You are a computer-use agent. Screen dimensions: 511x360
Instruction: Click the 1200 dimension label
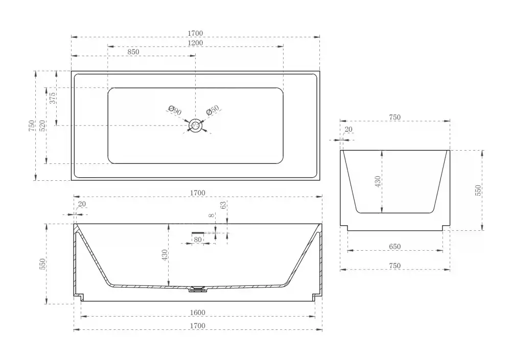[x=195, y=43]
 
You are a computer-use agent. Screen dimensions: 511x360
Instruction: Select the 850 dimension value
[x=133, y=52]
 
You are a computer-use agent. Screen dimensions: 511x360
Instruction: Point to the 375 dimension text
[x=53, y=98]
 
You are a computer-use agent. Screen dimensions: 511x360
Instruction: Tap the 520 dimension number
[x=42, y=126]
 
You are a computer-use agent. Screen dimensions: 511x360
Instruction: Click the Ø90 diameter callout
[x=175, y=110]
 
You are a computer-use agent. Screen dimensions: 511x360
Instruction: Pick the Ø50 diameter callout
[x=213, y=110]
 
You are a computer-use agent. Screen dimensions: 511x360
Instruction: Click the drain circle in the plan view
[x=196, y=126]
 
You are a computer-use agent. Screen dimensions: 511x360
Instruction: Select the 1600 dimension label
[x=197, y=313]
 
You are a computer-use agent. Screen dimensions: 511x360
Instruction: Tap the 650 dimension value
[x=394, y=247]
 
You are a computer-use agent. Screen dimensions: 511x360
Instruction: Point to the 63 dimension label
[x=223, y=205]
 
